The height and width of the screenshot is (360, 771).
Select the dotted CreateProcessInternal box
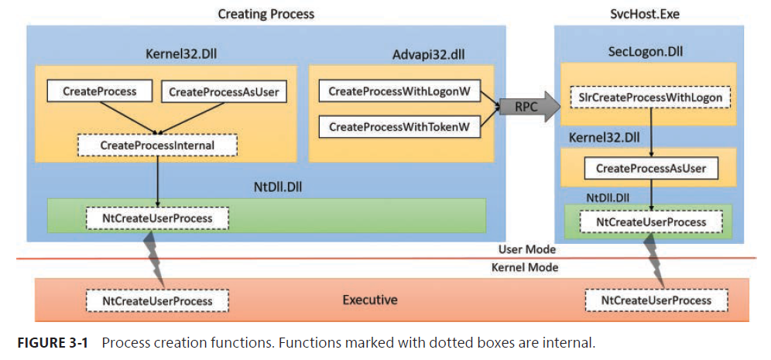(x=157, y=145)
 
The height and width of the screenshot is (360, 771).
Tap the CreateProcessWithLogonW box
(x=399, y=91)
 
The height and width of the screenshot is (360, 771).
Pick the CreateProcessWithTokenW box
(x=399, y=126)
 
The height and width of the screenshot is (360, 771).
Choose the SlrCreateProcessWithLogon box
(x=650, y=98)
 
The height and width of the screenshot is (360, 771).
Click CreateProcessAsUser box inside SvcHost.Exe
(x=651, y=168)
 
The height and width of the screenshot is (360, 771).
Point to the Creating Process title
(x=266, y=14)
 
